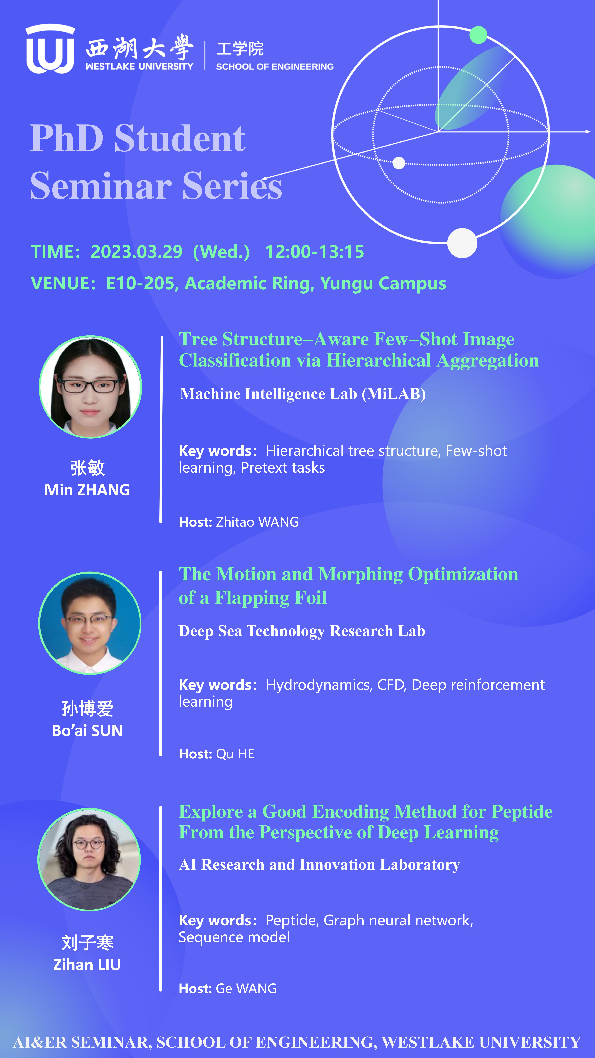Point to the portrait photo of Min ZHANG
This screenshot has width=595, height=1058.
point(90,387)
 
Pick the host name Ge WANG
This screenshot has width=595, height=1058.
point(246,989)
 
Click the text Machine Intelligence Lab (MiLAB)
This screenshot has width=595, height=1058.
point(303,394)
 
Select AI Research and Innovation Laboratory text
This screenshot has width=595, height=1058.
point(320,865)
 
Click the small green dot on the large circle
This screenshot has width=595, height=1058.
point(478,35)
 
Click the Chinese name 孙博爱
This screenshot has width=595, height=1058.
point(87,709)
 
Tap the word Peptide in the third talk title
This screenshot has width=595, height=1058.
point(522,812)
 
